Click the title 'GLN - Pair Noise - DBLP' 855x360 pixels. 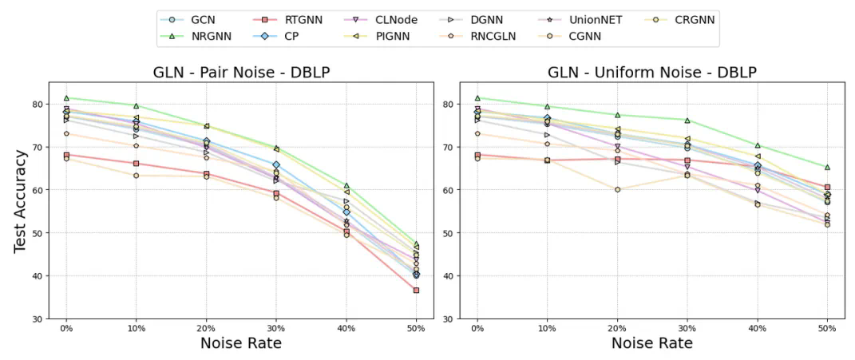tap(241, 73)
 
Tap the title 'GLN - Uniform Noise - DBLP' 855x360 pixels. tap(652, 73)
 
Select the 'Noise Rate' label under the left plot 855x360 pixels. tap(241, 343)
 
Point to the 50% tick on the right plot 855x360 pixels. tap(827, 327)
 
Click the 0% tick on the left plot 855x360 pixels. tap(66, 327)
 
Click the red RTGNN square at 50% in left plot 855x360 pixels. tap(416, 290)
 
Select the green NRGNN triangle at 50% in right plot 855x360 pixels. tap(827, 167)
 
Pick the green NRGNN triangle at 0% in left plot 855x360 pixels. tap(66, 98)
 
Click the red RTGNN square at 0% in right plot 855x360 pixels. tap(477, 155)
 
